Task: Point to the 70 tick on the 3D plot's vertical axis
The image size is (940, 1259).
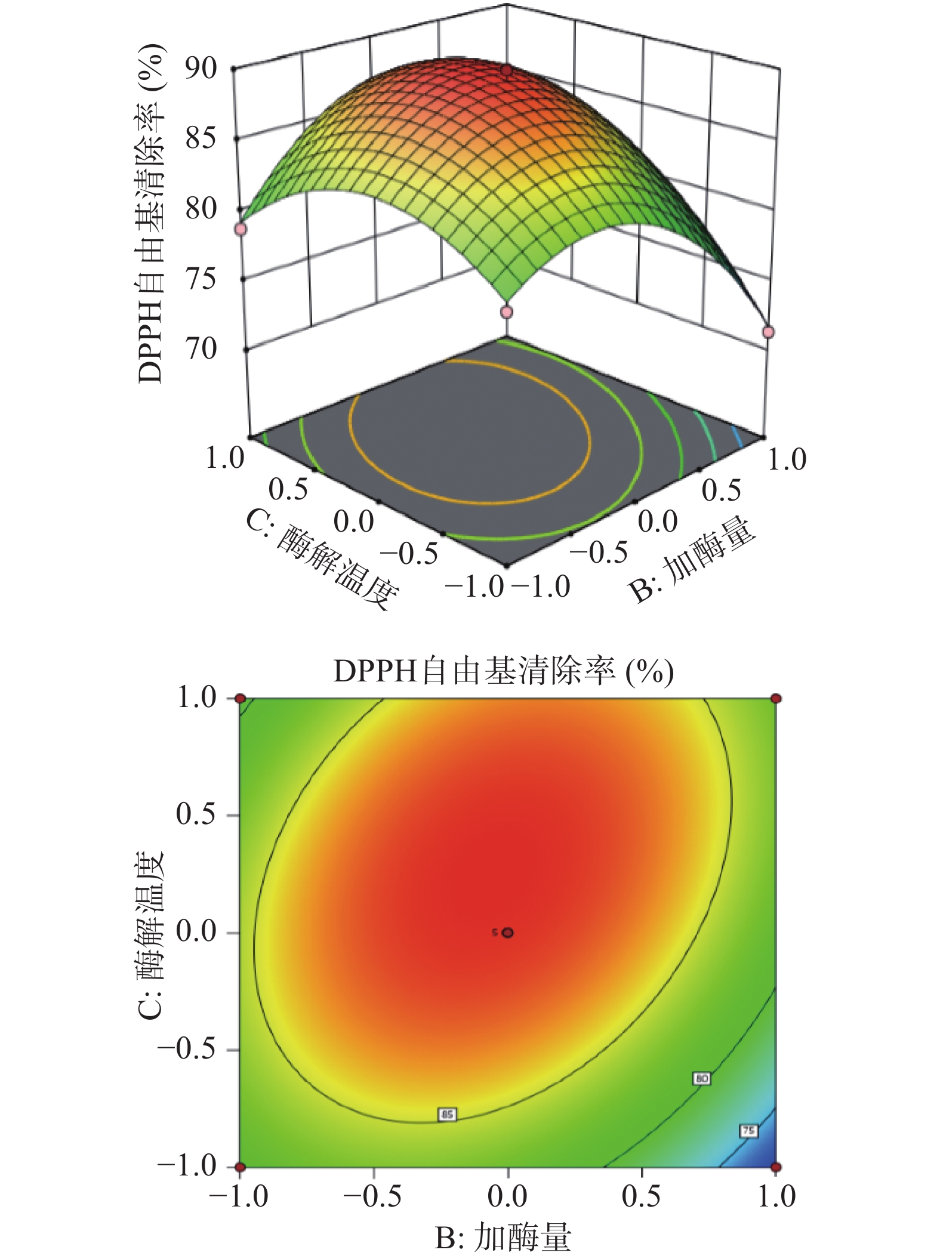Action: click(201, 349)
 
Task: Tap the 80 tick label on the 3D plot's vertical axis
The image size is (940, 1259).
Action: click(201, 209)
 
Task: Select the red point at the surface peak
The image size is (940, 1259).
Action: click(507, 71)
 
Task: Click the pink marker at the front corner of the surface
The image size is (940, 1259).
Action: click(507, 312)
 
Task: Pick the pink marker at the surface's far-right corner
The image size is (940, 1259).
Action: click(768, 332)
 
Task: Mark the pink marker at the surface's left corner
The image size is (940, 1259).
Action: click(241, 229)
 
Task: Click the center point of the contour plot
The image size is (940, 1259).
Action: click(508, 932)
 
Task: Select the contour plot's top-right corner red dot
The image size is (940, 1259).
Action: click(776, 698)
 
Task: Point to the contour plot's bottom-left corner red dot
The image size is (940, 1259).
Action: click(240, 1167)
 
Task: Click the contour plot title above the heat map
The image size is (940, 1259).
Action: click(503, 671)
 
